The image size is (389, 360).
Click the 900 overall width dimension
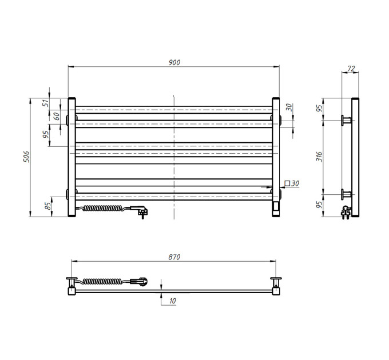[x=174, y=62]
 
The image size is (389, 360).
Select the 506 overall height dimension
[x=26, y=157]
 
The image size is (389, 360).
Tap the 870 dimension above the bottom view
[x=174, y=257]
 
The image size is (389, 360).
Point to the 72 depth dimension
[x=351, y=69]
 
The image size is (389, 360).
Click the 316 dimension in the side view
[x=319, y=157]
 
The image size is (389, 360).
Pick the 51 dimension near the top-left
[x=46, y=103]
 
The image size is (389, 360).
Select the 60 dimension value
[x=57, y=116]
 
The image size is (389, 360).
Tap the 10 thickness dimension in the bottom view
[x=172, y=301]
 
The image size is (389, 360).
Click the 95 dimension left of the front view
[x=46, y=134]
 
